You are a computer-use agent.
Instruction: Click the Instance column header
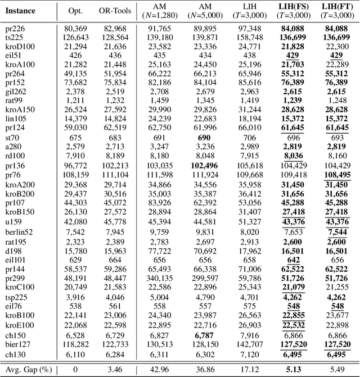[21, 11]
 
